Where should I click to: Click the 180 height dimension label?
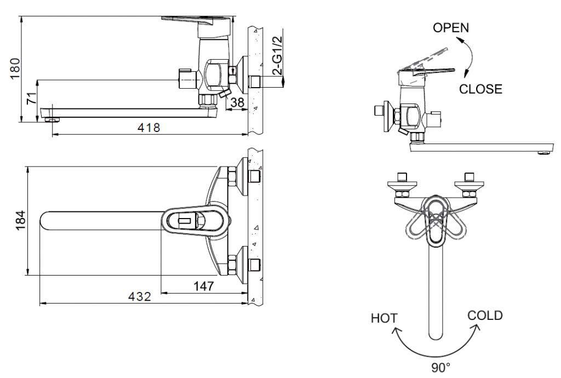coord(15,68)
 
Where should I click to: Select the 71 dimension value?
coord(32,98)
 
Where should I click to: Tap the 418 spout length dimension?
coord(149,127)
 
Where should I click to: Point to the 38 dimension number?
coord(237,102)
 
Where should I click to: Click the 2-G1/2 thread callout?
coord(278,55)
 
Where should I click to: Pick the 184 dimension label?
coord(21,220)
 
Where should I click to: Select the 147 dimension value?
coord(204,286)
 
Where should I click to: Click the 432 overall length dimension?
coord(140,296)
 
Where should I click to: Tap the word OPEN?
coord(450,27)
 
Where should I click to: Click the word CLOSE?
coord(480,89)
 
